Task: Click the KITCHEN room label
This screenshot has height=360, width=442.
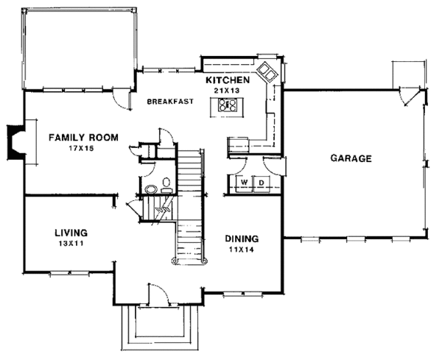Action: pos(228,80)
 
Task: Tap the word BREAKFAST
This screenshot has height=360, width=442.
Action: pos(171,102)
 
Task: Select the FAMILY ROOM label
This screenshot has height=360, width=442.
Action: pos(83,138)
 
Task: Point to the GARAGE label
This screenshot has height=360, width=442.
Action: pos(351,158)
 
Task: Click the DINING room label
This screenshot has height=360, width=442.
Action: pos(242,239)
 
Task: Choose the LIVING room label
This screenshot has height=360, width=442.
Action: pos(71,233)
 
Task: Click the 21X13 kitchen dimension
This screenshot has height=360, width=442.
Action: pos(227,91)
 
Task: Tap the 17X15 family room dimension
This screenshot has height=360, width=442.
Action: pos(81,148)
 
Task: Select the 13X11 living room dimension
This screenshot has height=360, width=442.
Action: pos(71,244)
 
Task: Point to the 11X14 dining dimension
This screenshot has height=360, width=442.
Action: pos(242,250)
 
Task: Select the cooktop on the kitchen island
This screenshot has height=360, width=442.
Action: pos(228,105)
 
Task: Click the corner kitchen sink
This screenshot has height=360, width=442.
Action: pos(267,72)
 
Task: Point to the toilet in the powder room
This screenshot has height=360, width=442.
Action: pos(166,185)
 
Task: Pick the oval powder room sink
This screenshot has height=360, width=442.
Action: pos(151,189)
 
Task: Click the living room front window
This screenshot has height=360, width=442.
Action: pos(70,272)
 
